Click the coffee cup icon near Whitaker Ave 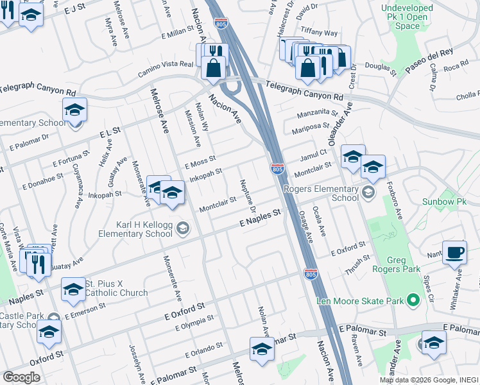coord(454,252)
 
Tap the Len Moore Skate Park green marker coord(414,300)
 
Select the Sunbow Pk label coord(443,201)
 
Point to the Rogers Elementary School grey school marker coord(367,192)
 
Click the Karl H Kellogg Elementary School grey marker coord(183,228)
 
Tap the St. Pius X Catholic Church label coord(116,287)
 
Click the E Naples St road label coord(261,219)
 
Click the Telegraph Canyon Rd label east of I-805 coord(304,89)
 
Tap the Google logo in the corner coord(21,377)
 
